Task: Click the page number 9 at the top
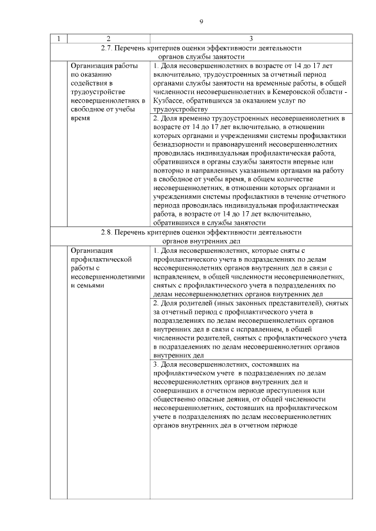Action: (x=201, y=22)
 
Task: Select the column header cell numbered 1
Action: (x=59, y=39)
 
